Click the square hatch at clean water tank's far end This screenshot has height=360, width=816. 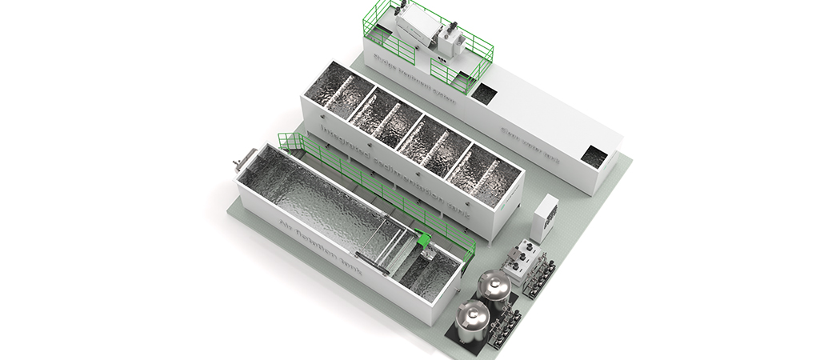click(x=594, y=156)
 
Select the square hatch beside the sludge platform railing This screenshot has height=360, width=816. click(x=482, y=92)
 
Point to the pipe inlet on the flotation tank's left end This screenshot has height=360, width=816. click(x=238, y=163)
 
